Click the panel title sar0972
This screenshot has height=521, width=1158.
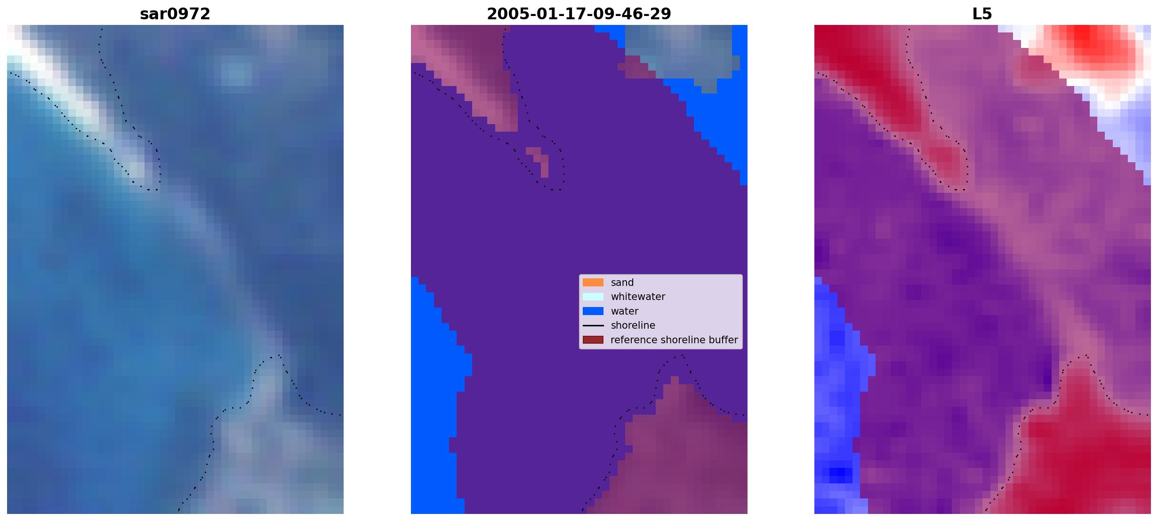(175, 14)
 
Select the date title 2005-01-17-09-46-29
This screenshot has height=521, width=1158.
(579, 14)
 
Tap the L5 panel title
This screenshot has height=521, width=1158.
(982, 14)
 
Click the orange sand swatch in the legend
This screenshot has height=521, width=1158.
(593, 282)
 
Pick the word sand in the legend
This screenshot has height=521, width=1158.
(622, 283)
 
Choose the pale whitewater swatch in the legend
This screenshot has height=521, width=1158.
(593, 297)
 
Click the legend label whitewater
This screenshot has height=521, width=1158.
(638, 297)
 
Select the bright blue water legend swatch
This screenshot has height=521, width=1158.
(593, 311)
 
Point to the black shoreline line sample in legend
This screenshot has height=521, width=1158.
(593, 325)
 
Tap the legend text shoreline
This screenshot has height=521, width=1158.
(633, 325)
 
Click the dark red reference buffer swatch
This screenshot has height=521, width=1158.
(593, 339)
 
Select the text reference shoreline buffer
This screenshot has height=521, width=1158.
(674, 339)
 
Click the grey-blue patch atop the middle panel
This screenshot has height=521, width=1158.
(678, 52)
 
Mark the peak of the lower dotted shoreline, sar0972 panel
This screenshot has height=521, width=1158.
(276, 356)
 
